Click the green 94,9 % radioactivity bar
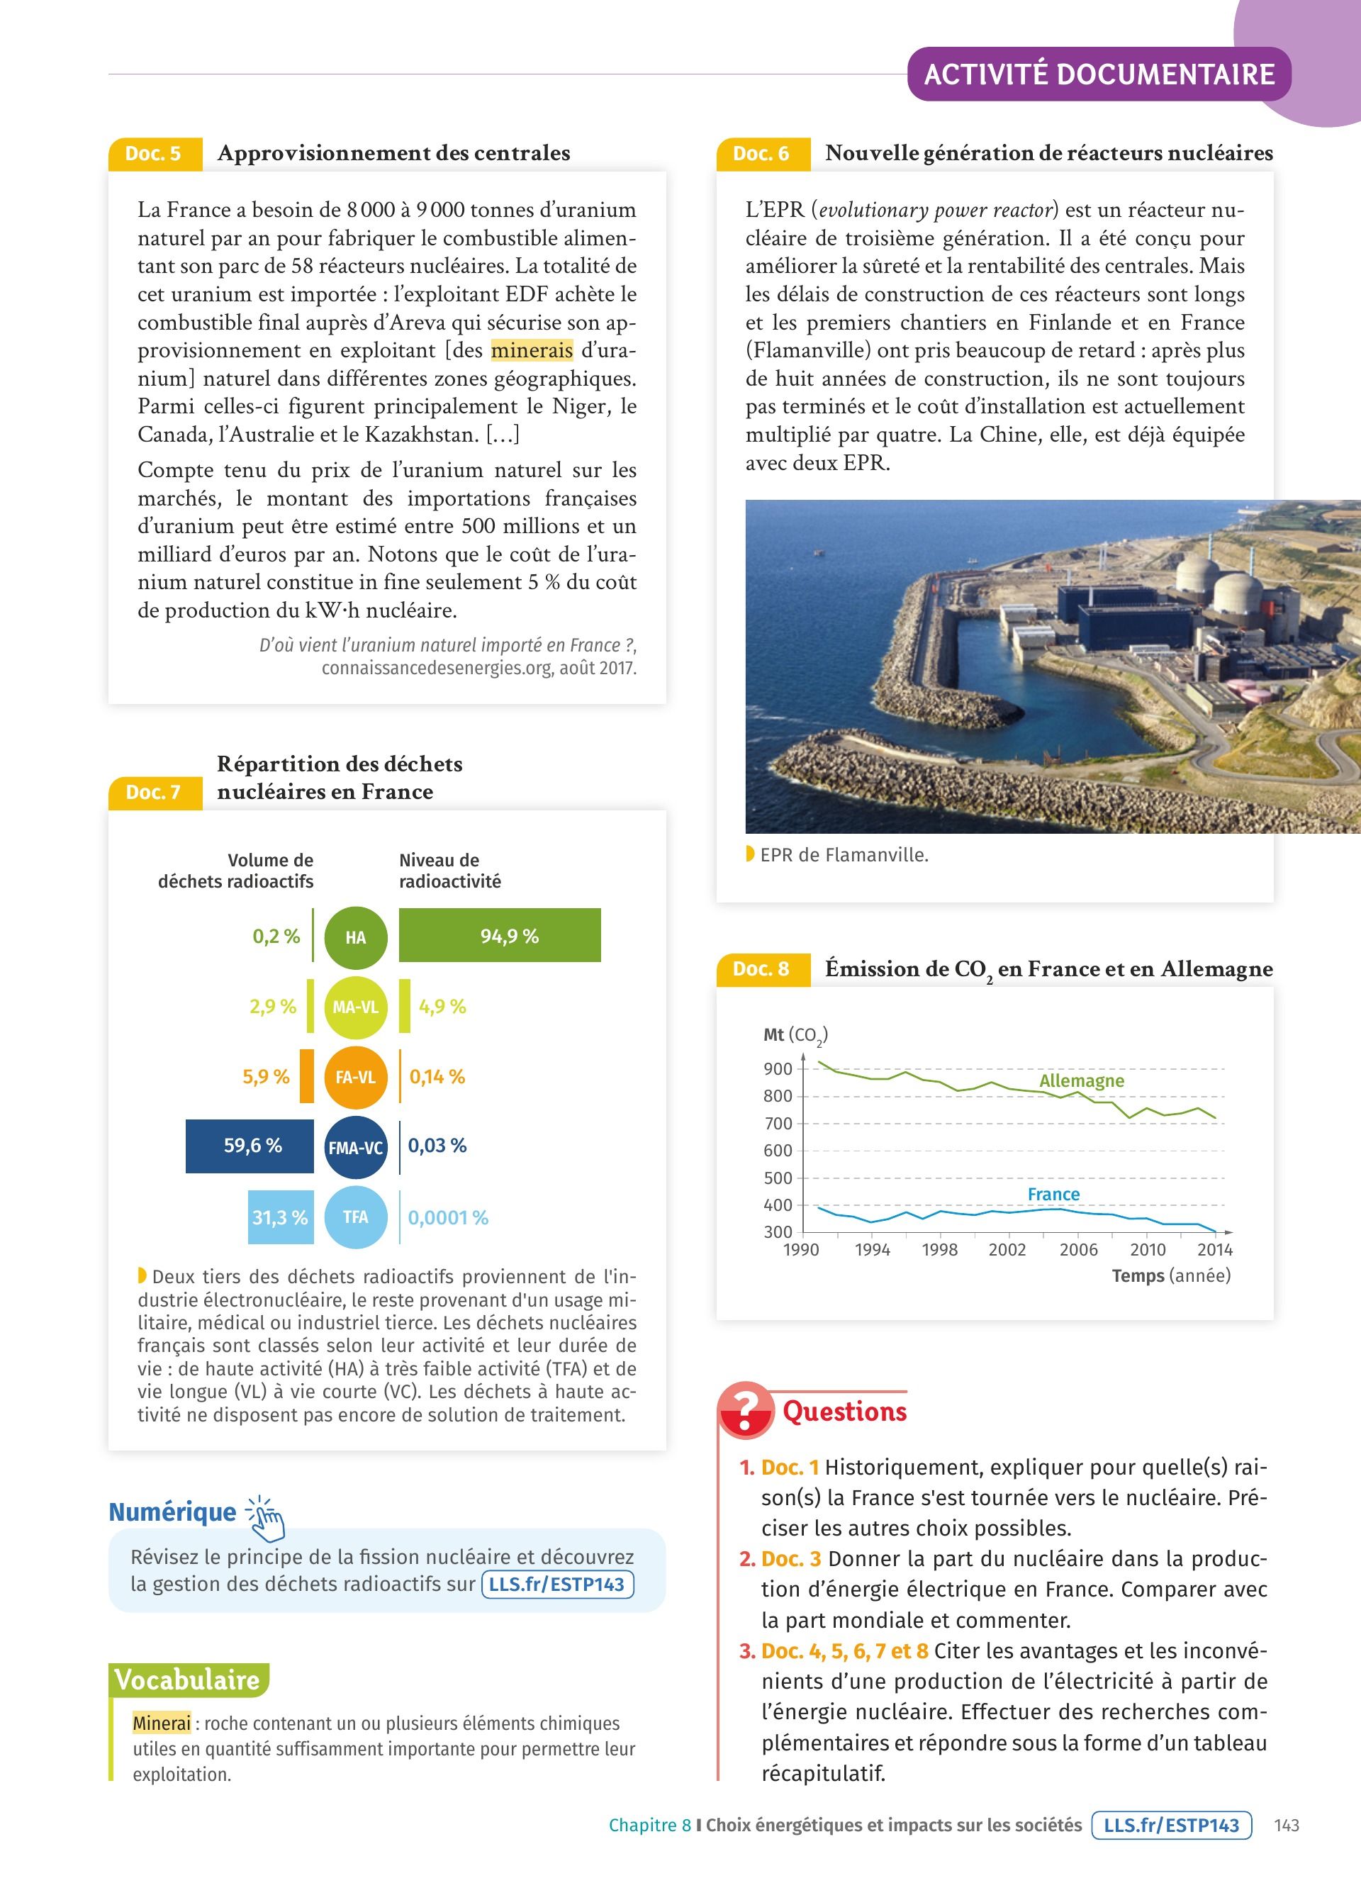coord(500,936)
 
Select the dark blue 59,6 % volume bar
coord(250,1146)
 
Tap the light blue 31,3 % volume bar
coord(281,1217)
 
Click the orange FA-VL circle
coord(355,1077)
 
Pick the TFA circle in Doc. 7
coord(355,1217)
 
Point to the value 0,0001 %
coord(448,1218)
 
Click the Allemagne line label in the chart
coord(1081,1081)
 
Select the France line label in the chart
coord(1053,1194)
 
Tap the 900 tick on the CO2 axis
coord(778,1068)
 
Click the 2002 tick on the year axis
coord(1007,1249)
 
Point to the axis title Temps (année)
coord(1171,1276)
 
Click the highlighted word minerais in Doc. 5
coord(532,350)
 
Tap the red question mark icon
coord(744,1409)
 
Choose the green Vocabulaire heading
coord(188,1680)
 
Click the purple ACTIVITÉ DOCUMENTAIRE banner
coord(1099,74)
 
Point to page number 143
coord(1287,1825)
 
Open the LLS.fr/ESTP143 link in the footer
coord(1171,1825)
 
